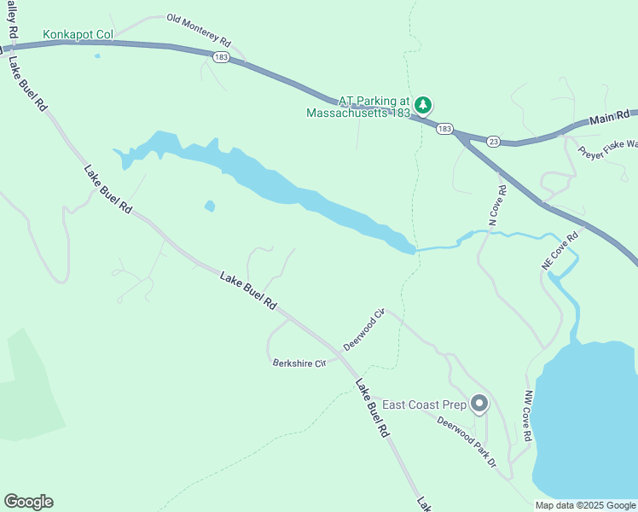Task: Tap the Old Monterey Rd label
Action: pyautogui.click(x=199, y=30)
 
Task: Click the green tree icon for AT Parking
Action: pyautogui.click(x=424, y=105)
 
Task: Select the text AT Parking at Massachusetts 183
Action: pyautogui.click(x=359, y=106)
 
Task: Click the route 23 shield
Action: pyautogui.click(x=493, y=141)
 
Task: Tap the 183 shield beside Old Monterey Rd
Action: pyautogui.click(x=220, y=56)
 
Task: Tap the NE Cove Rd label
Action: pyautogui.click(x=560, y=251)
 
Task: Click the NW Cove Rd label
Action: pyautogui.click(x=528, y=416)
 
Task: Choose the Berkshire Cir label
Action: pyautogui.click(x=299, y=364)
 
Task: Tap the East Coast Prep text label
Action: pyautogui.click(x=424, y=404)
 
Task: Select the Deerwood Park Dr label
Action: pyautogui.click(x=467, y=441)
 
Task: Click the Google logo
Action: pyautogui.click(x=28, y=502)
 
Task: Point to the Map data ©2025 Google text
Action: pyautogui.click(x=585, y=505)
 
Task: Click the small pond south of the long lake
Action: pyautogui.click(x=210, y=206)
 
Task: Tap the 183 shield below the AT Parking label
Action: pyautogui.click(x=444, y=129)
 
